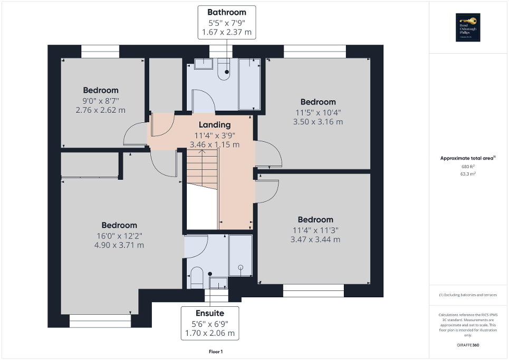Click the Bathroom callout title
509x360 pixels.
pos(226,12)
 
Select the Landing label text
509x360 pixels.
pos(214,125)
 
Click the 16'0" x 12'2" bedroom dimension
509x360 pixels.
pos(119,235)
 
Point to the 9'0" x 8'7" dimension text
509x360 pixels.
pos(100,100)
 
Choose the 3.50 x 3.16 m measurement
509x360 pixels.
pos(318,122)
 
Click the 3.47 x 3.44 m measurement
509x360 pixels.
pos(315,239)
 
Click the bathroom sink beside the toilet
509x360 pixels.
pos(203,64)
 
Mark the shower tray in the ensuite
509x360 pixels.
pos(241,256)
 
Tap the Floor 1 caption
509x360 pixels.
pos(215,351)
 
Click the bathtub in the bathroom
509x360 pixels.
pos(249,84)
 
